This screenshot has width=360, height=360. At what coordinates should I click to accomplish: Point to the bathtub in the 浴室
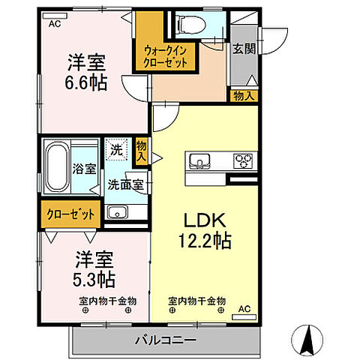tap(56, 168)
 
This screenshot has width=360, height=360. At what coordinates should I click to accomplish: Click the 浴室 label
tap(84, 169)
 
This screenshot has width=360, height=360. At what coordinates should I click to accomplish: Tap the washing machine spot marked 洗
tap(116, 149)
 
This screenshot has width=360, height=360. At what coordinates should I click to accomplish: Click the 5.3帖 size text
tap(94, 280)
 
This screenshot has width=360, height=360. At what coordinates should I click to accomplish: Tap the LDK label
tap(202, 222)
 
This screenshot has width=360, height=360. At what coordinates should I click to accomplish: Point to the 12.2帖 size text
tap(203, 241)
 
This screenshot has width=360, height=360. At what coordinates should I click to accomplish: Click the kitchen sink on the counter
tap(200, 160)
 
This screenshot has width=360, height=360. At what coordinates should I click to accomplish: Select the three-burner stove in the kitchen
tap(244, 160)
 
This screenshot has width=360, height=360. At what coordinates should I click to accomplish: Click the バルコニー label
tap(166, 341)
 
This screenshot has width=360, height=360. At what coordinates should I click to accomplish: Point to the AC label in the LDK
tap(244, 307)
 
